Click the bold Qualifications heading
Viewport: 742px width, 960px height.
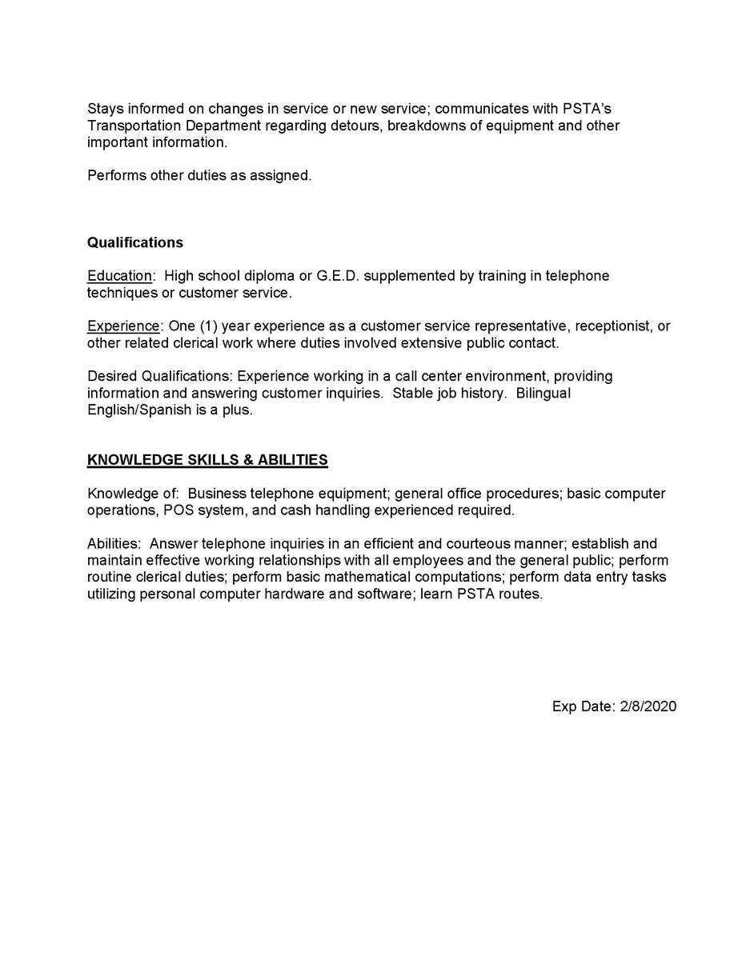pyautogui.click(x=134, y=242)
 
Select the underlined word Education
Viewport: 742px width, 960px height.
pyautogui.click(x=119, y=276)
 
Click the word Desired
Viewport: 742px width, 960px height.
pyautogui.click(x=112, y=376)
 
